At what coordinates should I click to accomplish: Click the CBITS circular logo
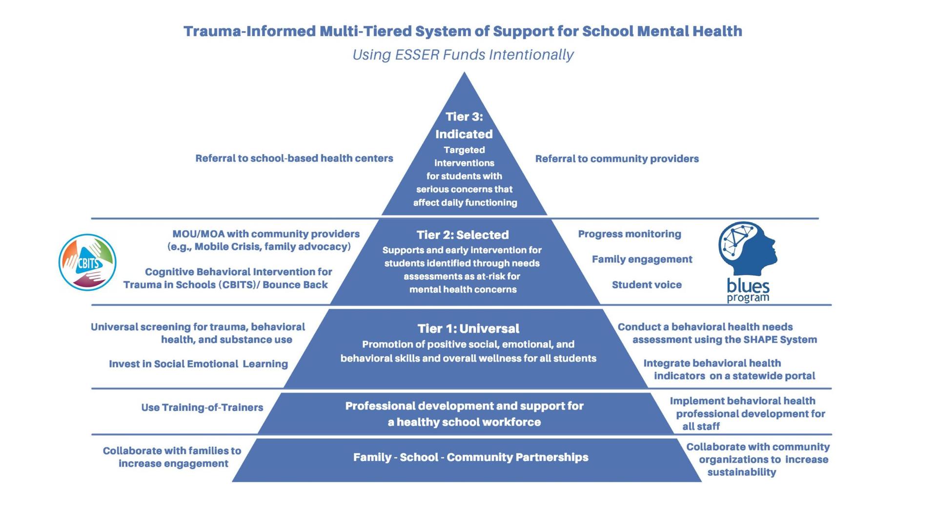87,263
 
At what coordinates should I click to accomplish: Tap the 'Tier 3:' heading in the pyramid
464,117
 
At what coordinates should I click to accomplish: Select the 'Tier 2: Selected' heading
463,235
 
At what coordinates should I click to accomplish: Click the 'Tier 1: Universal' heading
468,328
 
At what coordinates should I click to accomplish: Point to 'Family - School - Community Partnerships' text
470,457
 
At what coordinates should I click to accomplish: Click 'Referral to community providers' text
617,159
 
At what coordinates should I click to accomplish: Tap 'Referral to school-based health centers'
294,158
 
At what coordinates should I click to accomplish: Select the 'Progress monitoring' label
629,234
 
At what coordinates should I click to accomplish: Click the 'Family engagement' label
642,259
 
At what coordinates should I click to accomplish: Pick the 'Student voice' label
647,285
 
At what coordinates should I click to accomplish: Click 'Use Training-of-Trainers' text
202,407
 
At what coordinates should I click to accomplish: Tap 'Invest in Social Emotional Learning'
198,364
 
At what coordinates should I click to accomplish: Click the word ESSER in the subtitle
417,55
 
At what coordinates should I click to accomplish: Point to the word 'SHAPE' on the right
760,340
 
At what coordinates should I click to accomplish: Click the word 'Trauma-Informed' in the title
249,31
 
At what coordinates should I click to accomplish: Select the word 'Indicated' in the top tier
464,134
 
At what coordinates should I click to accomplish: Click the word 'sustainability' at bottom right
741,472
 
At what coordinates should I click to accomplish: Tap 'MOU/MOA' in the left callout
198,234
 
